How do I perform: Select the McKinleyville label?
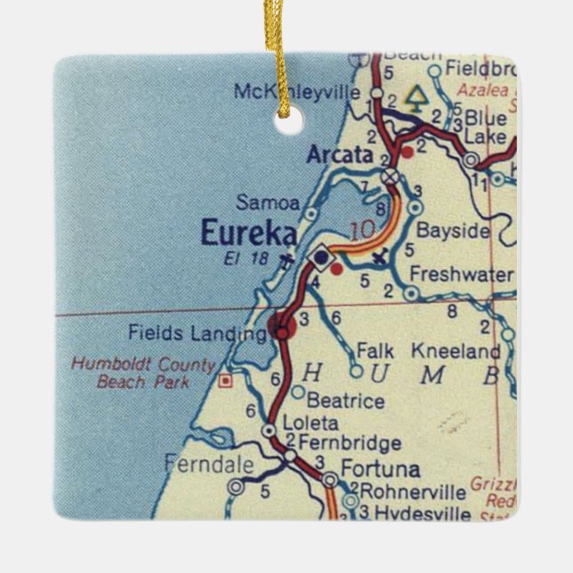click(296, 92)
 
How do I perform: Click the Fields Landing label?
click(197, 334)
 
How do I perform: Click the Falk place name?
click(374, 351)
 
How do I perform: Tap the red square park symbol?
click(226, 381)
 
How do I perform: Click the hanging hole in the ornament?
click(286, 125)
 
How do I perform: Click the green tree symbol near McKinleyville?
click(414, 97)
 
